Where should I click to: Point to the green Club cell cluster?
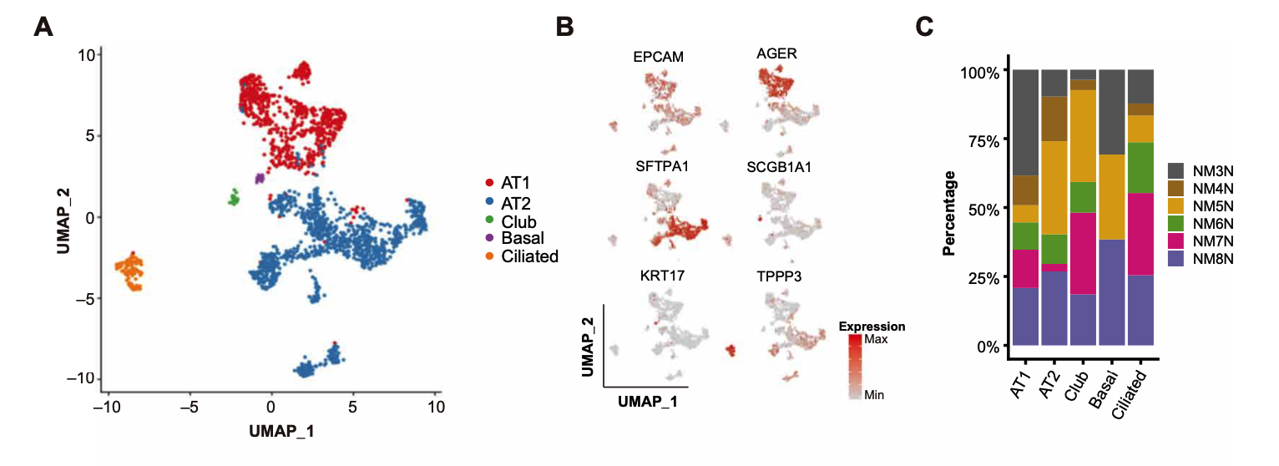point(235,198)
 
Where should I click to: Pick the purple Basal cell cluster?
point(260,178)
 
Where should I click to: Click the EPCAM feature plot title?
point(658,58)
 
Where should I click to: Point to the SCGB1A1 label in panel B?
point(779,167)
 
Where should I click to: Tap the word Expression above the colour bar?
point(872,326)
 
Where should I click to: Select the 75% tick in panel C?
point(980,140)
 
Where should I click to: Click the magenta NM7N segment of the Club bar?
point(1084,253)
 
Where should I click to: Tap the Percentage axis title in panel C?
point(950,213)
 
